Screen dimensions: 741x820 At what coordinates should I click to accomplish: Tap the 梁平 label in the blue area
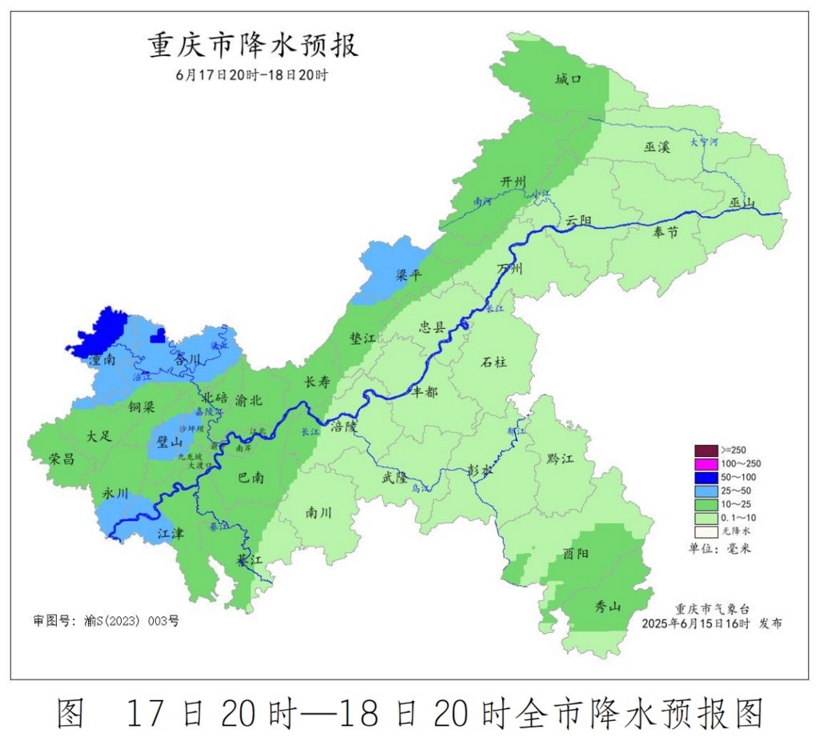coord(408,275)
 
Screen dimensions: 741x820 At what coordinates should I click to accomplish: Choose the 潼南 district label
coord(102,360)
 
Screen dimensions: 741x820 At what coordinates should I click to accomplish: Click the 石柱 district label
coord(493,362)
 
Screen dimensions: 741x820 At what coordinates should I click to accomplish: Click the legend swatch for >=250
coord(705,450)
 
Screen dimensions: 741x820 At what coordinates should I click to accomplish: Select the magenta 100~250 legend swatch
coord(705,463)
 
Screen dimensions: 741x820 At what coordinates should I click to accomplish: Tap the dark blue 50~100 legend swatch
coord(705,477)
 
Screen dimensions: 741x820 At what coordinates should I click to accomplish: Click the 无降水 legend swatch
coord(705,531)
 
